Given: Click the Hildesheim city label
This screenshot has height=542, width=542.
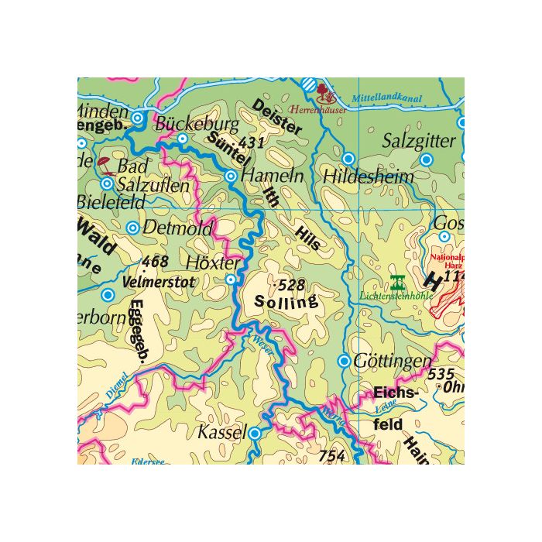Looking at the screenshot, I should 369,177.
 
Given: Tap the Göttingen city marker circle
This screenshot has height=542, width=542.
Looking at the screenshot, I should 344,361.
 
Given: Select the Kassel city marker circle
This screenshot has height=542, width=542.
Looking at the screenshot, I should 256,434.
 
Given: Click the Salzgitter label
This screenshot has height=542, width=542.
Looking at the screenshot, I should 420,141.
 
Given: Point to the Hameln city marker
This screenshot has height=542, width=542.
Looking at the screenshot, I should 230,177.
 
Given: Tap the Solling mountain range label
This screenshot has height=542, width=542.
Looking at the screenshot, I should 286,303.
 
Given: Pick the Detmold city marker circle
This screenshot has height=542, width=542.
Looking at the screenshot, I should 132,228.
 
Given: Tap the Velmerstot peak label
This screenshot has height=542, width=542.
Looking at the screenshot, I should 159,282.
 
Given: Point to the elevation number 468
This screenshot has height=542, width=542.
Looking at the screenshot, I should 156,262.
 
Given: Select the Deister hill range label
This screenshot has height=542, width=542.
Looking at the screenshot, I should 277,118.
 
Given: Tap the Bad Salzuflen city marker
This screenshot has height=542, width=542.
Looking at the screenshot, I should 107,184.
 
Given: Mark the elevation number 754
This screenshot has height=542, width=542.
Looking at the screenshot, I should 331,456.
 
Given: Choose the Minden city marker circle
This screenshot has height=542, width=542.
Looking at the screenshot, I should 137,118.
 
